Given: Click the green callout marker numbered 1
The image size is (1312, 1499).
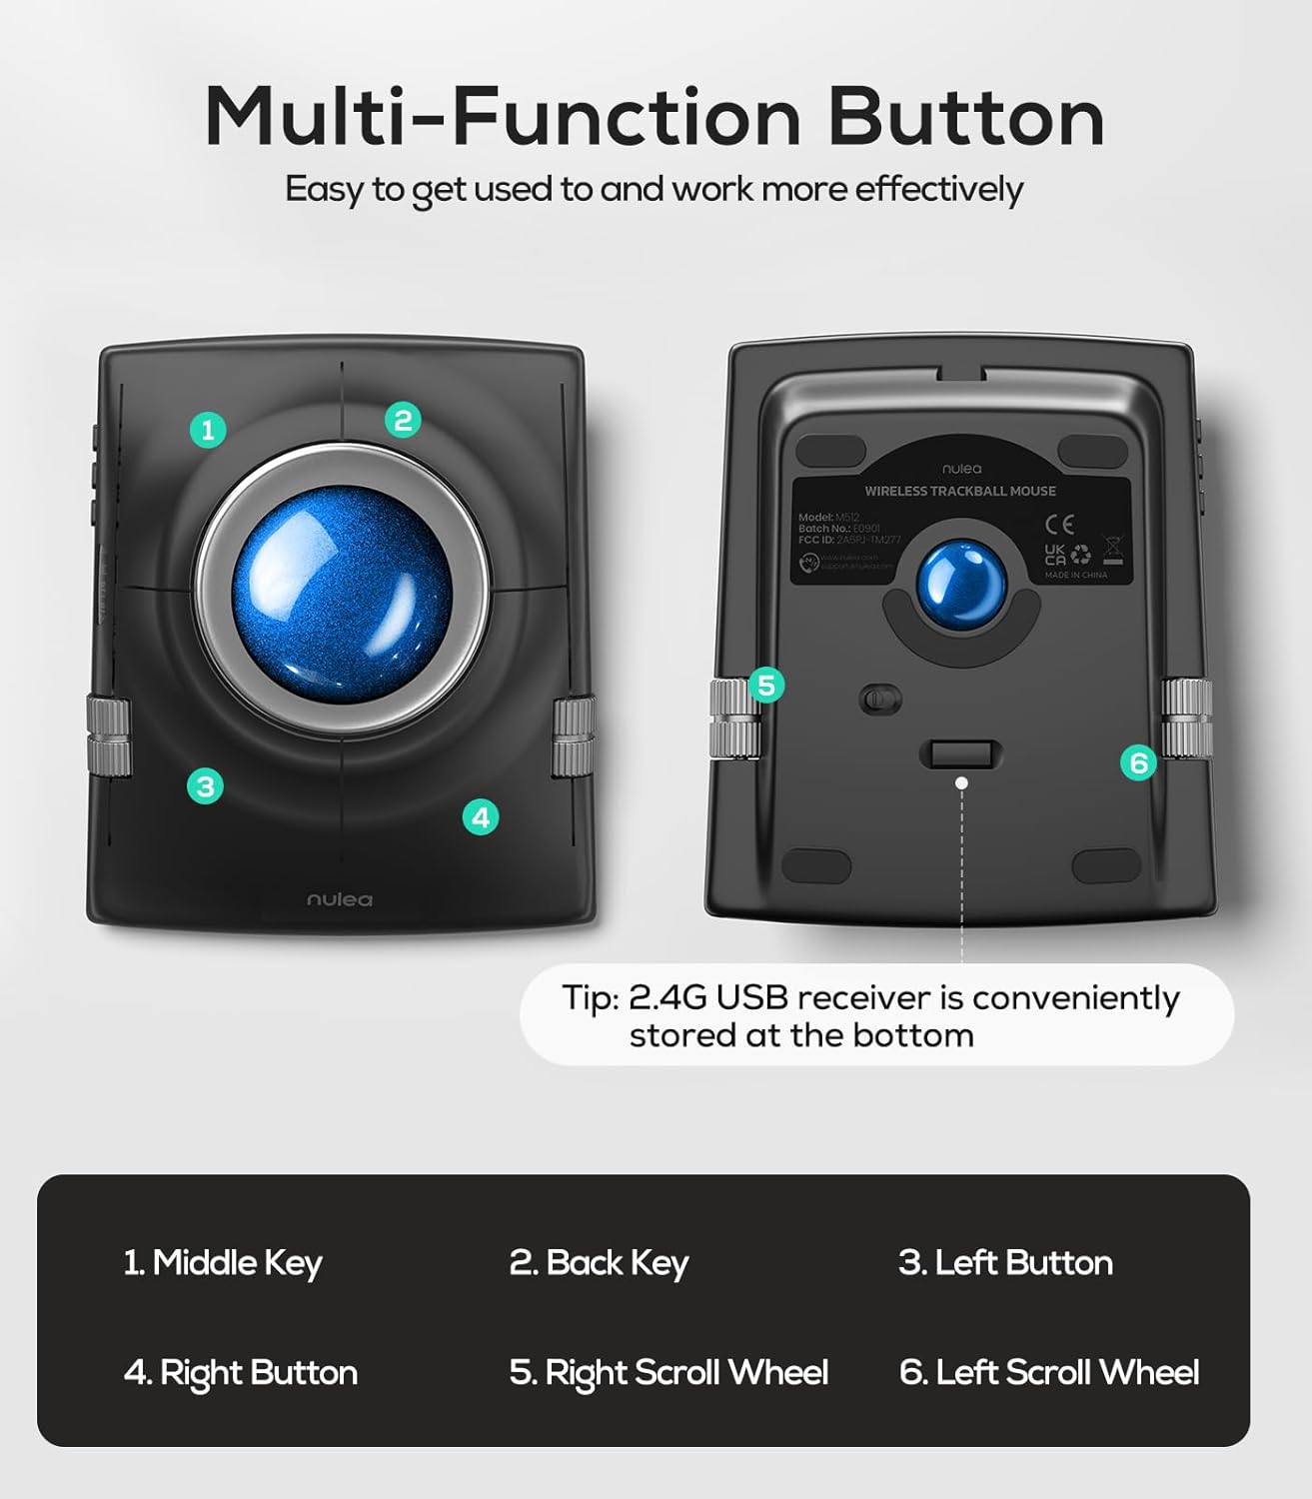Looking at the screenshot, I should (208, 431).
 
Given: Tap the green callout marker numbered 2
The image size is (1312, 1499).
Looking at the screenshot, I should (403, 420).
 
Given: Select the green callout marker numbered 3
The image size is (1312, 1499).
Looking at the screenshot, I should (205, 786).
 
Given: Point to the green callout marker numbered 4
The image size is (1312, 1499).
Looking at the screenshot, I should (481, 817).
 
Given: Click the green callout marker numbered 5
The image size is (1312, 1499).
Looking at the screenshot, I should (766, 686).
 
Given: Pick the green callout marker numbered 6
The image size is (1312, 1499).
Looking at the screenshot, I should (1138, 763).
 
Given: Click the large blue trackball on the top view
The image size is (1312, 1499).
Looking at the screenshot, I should (341, 592).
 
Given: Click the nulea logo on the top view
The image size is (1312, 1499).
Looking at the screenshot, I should (340, 899).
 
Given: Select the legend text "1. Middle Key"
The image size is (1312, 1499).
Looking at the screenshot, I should (222, 1263).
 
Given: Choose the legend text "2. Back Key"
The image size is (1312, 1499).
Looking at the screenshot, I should (599, 1263).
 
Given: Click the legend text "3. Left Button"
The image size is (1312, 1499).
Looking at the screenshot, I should (1005, 1263).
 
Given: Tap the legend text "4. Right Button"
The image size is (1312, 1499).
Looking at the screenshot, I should (240, 1373).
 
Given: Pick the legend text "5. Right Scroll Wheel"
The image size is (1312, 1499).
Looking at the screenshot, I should (668, 1373).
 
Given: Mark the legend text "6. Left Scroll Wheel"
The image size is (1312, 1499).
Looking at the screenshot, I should (1049, 1373).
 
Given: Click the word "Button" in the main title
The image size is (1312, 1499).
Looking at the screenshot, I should (965, 118).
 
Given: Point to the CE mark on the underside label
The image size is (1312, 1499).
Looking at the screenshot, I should (1059, 522).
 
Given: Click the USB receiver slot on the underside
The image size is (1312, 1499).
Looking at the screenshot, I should (961, 754).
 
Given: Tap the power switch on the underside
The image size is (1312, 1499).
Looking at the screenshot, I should (879, 700).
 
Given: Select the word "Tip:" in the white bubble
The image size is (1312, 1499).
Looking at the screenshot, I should (591, 998).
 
